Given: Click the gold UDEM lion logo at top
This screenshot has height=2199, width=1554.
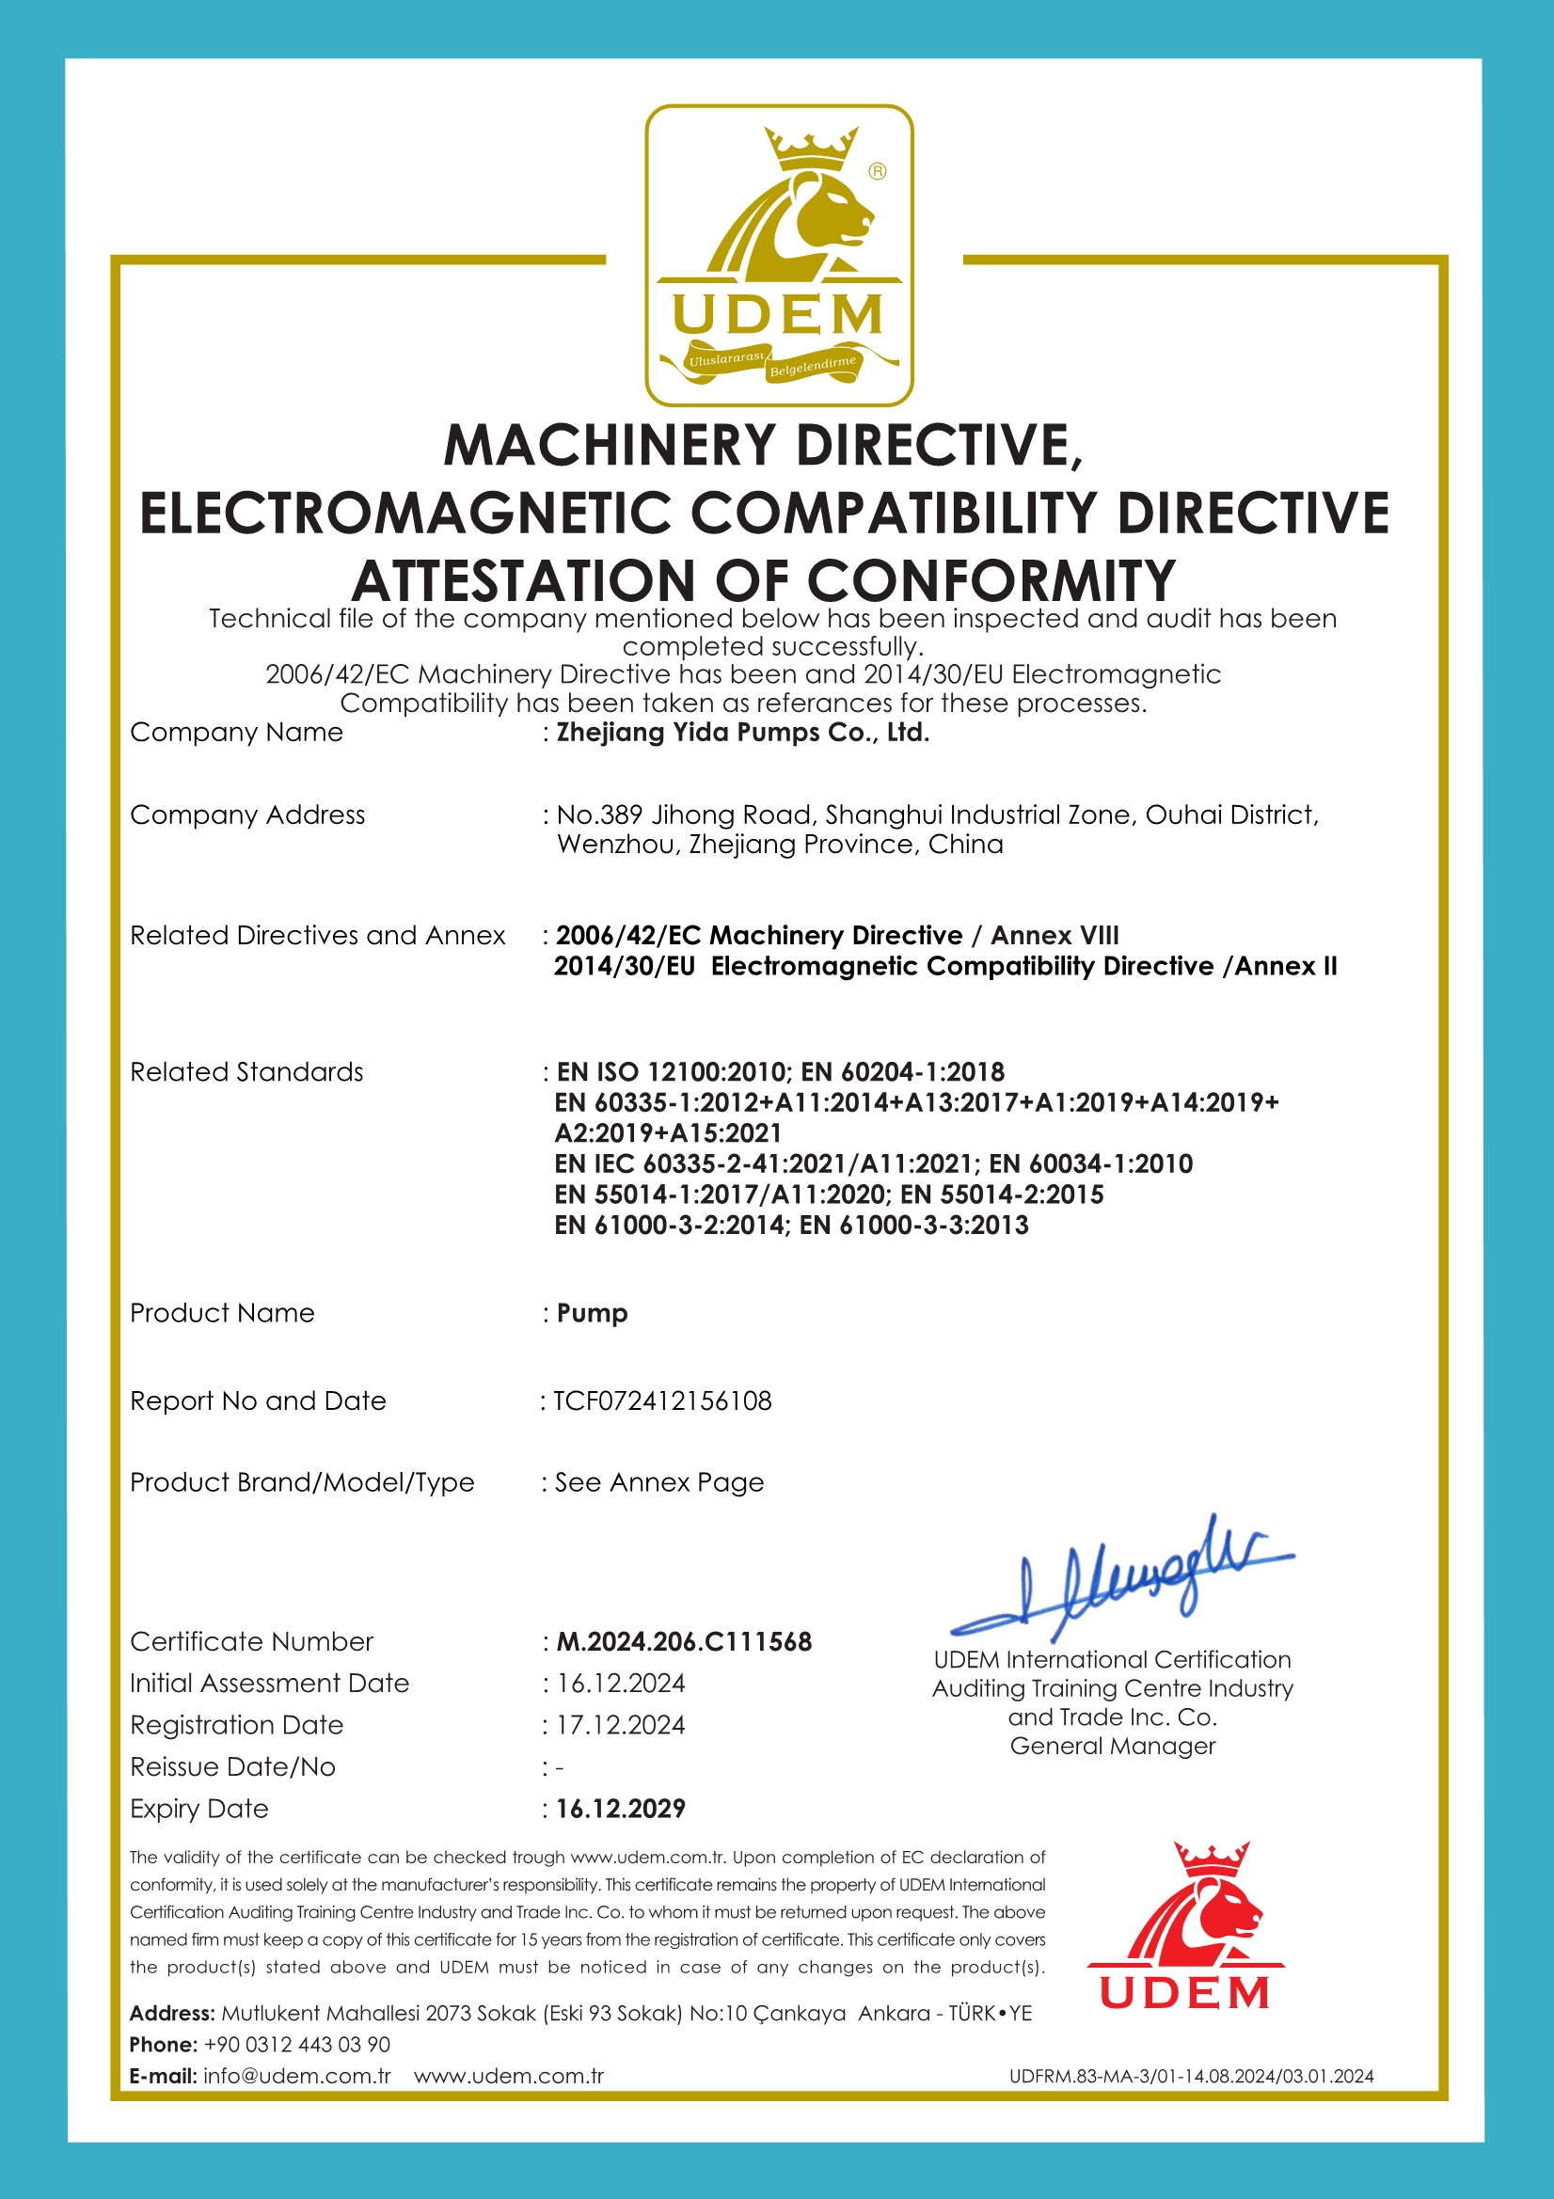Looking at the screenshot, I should [778, 255].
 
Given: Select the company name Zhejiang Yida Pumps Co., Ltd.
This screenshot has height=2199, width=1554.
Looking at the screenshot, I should [742, 733].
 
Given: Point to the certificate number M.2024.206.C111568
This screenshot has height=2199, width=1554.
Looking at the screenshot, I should [684, 1640].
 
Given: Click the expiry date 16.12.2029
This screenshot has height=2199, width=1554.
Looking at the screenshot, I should [621, 1809].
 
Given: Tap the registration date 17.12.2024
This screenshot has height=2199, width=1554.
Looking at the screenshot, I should [621, 1725].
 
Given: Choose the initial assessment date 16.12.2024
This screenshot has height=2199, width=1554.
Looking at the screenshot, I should [621, 1683].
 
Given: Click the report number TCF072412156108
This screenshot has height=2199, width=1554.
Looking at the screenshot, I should [662, 1400].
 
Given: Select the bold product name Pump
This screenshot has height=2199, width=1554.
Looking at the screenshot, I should [592, 1312].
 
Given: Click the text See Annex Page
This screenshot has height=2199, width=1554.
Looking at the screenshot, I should [659, 1481].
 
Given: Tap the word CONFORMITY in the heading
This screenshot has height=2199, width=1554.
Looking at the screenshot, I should [991, 580].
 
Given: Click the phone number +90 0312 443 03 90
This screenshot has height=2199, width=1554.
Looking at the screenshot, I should [297, 2045].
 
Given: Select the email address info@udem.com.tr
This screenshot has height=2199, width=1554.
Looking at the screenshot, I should [297, 2077].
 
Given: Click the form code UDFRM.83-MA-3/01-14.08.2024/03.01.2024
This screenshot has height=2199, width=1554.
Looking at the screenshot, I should [1191, 2077].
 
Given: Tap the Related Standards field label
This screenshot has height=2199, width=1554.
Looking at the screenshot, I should [246, 1071].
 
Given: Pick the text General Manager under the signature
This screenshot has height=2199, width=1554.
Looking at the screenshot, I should [1112, 1746].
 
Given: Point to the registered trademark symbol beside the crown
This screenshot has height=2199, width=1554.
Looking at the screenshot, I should [877, 171].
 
